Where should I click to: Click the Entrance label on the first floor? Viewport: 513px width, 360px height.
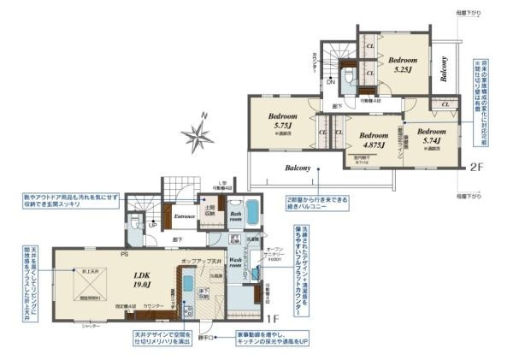185,216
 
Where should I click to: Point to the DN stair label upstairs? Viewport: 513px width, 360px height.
331,83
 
